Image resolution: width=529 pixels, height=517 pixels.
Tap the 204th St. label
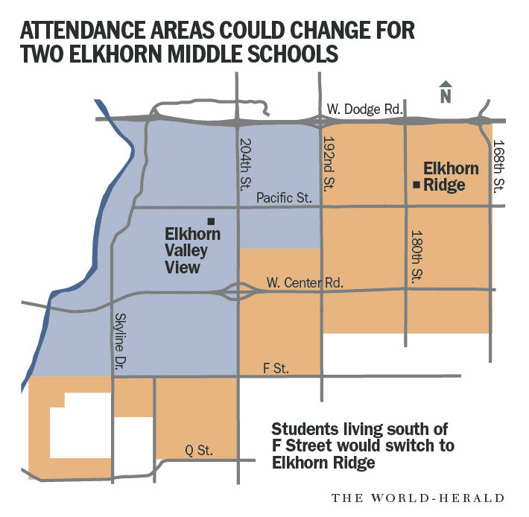247,163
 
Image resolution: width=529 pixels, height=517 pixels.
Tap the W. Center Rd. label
297,283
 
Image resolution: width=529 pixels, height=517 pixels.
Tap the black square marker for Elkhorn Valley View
212,221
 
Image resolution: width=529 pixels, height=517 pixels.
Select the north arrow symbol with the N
445,92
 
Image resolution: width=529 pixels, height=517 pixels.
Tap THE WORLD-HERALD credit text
418,498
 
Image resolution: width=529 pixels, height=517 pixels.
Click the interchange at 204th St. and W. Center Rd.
238,291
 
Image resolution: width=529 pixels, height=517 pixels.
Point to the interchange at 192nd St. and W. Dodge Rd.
322,122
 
